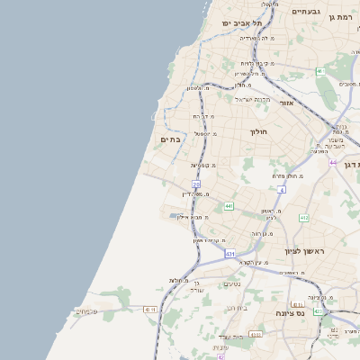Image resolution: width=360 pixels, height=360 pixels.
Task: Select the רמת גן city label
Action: pyautogui.click(x=343, y=17)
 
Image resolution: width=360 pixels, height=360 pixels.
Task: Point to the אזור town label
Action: pyautogui.click(x=287, y=103)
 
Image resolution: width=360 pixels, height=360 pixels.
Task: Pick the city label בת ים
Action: pyautogui.click(x=170, y=139)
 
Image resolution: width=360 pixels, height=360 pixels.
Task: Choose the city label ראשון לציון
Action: pyautogui.click(x=303, y=251)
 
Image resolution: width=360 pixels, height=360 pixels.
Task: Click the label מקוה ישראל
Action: pyautogui.click(x=253, y=99)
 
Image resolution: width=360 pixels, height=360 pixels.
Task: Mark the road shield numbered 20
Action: pyautogui.click(x=195, y=184)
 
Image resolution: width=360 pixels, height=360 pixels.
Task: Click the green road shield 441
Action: pyautogui.click(x=229, y=206)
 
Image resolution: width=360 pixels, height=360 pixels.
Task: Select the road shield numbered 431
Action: pyautogui.click(x=230, y=255)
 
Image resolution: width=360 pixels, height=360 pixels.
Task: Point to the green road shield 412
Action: pyautogui.click(x=304, y=218)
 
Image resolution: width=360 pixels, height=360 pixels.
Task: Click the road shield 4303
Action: pyautogui.click(x=256, y=334)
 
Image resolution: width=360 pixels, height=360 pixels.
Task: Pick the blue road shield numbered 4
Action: pyautogui.click(x=281, y=190)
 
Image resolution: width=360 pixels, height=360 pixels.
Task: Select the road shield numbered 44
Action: pyautogui.click(x=332, y=162)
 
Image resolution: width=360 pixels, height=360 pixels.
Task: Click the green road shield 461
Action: pyautogui.click(x=319, y=70)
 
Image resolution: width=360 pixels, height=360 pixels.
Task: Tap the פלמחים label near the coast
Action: pyautogui.click(x=85, y=311)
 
